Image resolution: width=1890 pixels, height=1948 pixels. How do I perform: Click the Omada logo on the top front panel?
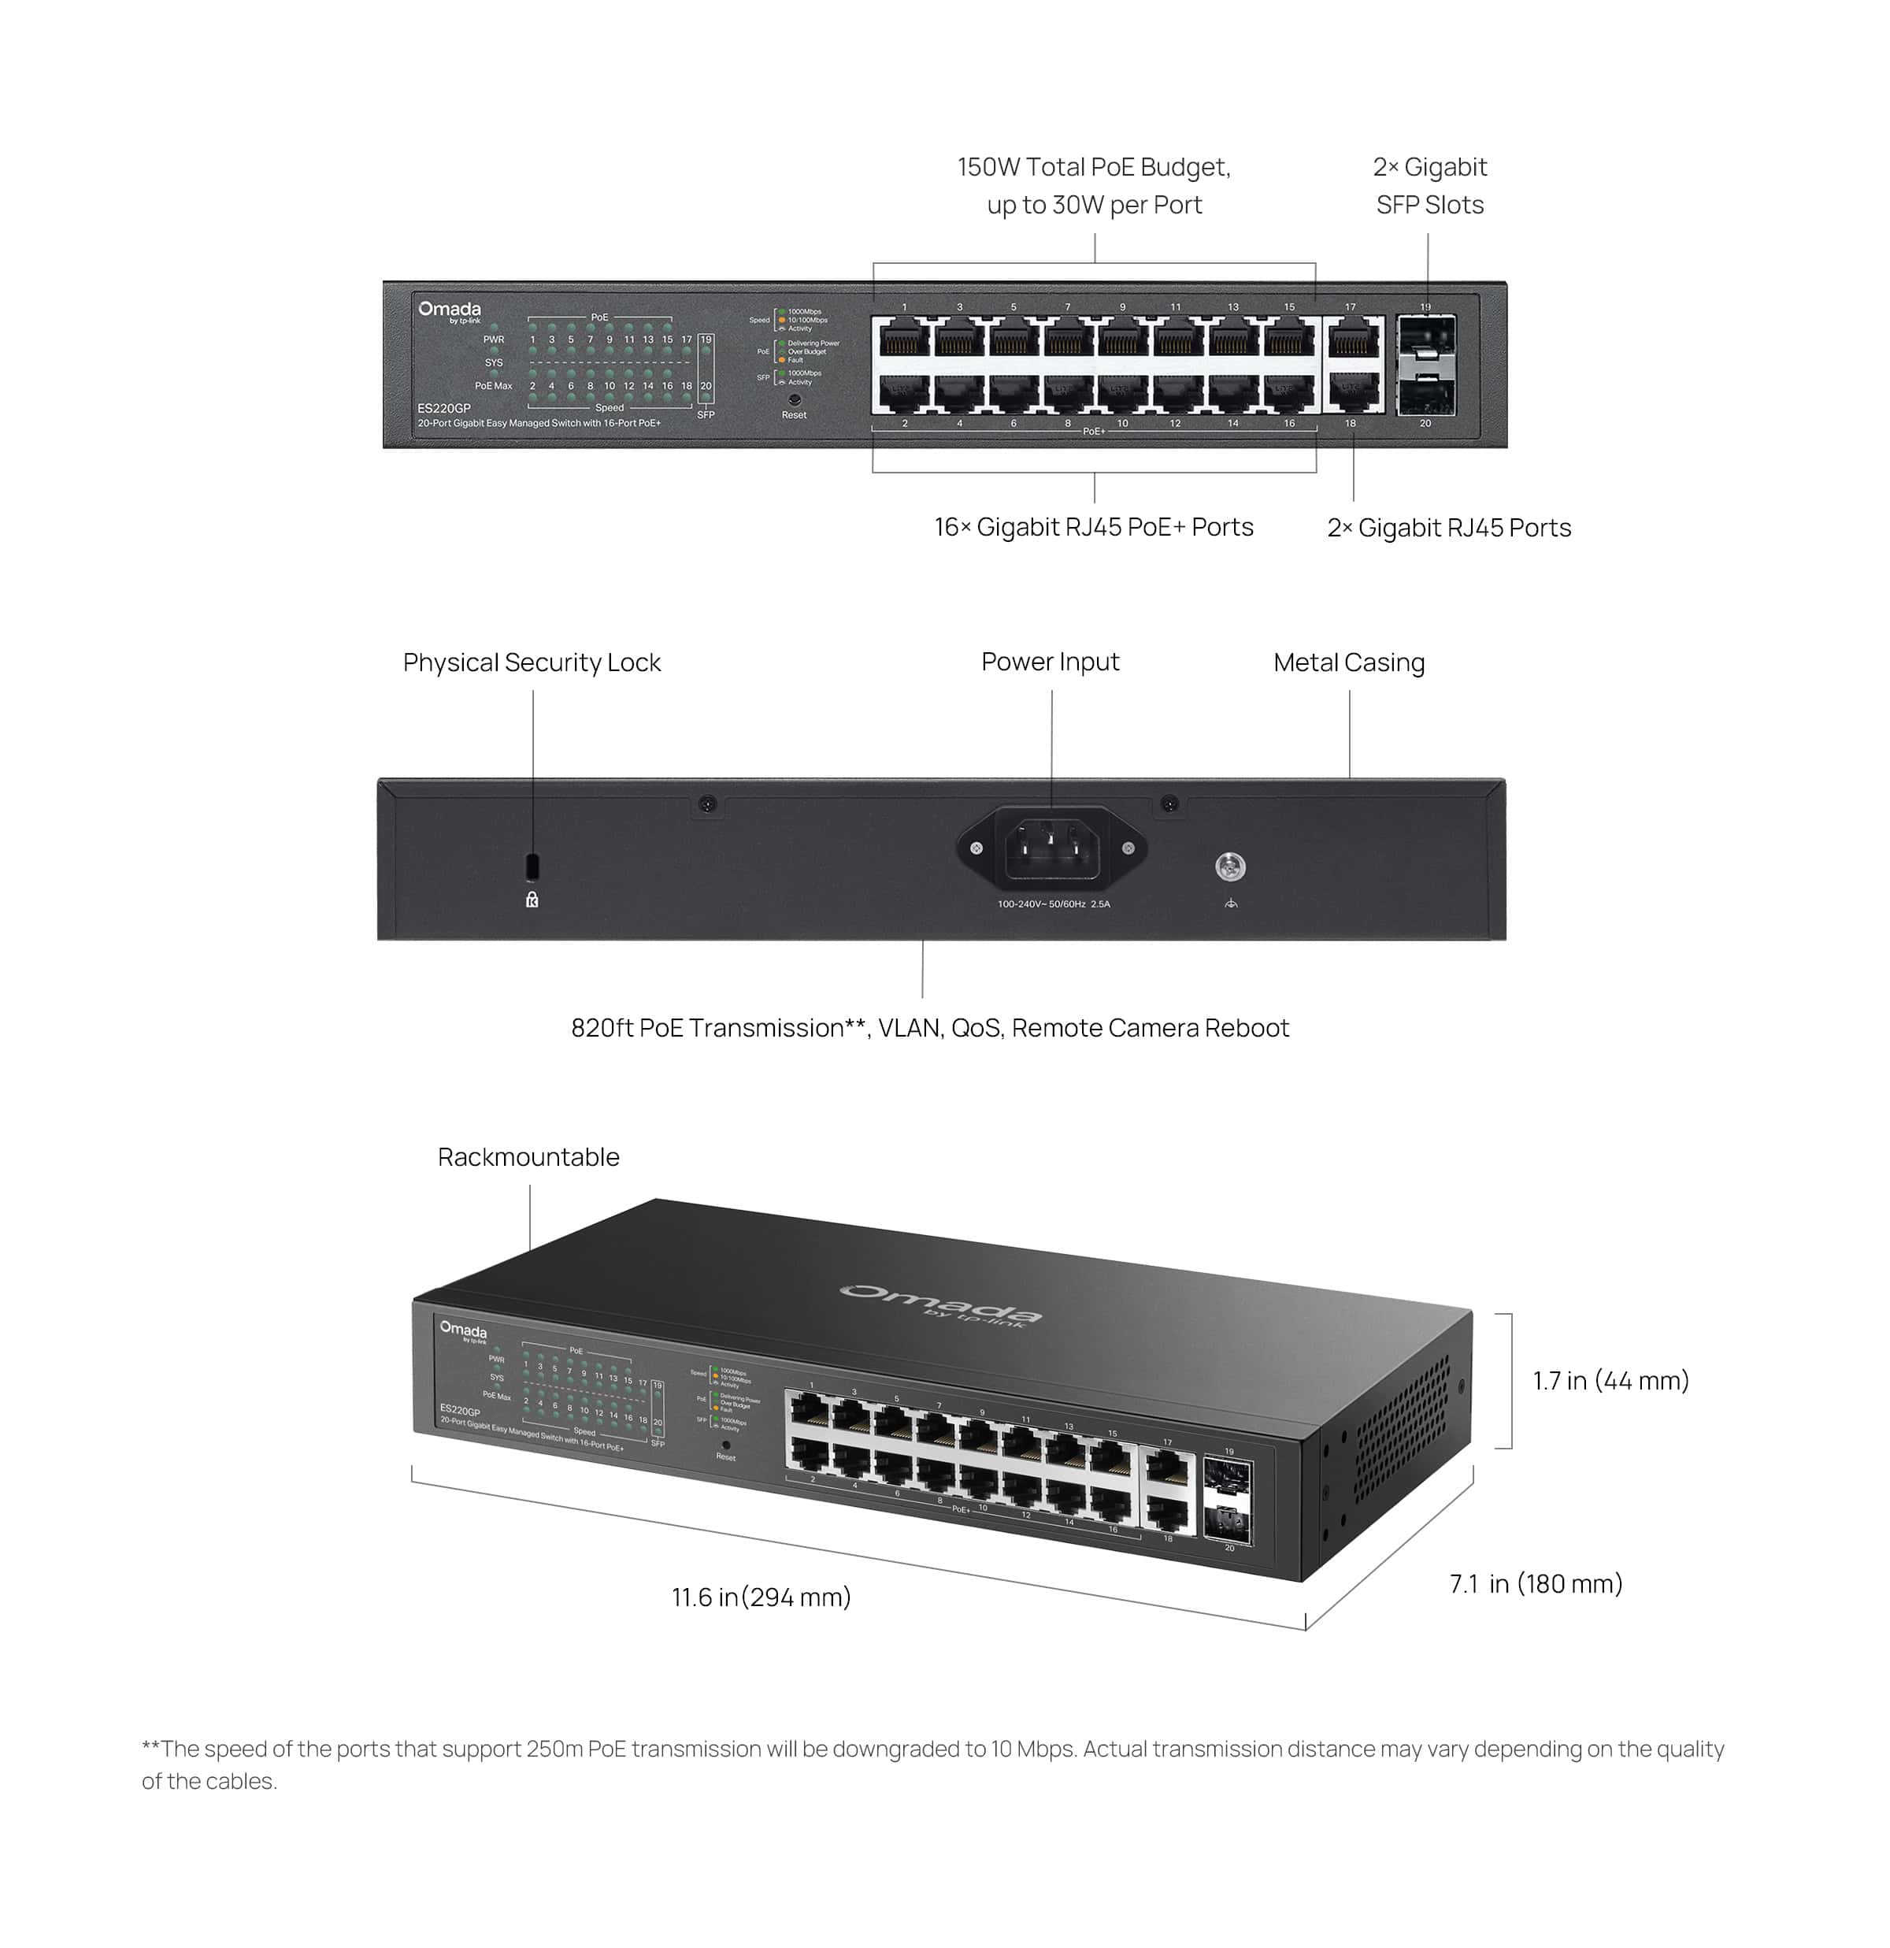pos(449,311)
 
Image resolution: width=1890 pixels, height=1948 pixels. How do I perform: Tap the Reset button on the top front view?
pos(794,399)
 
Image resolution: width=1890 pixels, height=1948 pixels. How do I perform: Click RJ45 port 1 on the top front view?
pos(904,339)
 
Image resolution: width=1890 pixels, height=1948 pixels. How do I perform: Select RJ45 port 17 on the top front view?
pos(1351,339)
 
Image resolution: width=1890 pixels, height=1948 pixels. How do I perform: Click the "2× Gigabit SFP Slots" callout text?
pos(1429,186)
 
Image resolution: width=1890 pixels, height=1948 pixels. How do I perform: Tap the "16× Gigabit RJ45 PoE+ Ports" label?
pos(1093,527)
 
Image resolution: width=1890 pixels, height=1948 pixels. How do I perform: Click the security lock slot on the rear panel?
pos(532,865)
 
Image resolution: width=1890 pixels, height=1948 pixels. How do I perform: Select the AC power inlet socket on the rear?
pos(1052,850)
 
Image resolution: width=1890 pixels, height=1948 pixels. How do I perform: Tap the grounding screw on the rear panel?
pos(1230,866)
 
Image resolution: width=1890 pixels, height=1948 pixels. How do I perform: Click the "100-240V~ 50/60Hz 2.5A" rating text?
pos(1054,904)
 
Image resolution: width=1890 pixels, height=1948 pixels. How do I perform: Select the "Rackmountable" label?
pos(528,1157)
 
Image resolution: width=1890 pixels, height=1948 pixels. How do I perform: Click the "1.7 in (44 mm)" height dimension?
pos(1610,1381)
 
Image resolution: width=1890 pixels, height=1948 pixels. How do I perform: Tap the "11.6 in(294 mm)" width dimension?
pos(762,1597)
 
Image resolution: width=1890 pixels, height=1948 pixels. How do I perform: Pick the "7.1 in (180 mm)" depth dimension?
pos(1536,1583)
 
